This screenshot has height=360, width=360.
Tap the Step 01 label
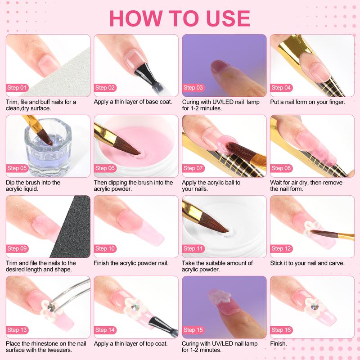pyautogui.click(x=18, y=88)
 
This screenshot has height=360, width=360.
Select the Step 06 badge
pyautogui.click(x=106, y=168)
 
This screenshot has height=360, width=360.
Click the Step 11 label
pyautogui.click(x=194, y=248)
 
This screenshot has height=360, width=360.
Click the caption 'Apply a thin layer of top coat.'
pyautogui.click(x=130, y=343)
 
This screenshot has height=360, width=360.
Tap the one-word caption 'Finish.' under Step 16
pyautogui.click(x=279, y=343)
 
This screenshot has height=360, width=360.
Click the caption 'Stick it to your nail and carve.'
pyautogui.click(x=307, y=263)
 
